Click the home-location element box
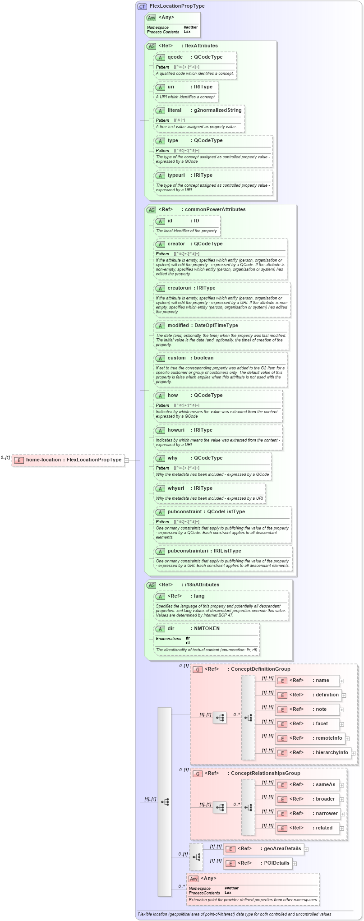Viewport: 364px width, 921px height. pos(68,460)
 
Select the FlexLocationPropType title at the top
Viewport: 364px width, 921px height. pos(177,6)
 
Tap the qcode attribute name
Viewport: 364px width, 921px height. pos(175,57)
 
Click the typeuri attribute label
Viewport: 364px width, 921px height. pos(176,175)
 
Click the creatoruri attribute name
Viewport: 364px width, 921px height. pos(180,288)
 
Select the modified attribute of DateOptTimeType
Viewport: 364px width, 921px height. pos(178,325)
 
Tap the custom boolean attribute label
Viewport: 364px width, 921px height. pos(176,358)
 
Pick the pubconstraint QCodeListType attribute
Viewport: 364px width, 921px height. pos(184,511)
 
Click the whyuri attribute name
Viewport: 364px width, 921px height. pos(176,488)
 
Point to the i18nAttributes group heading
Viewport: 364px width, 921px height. pos(202,585)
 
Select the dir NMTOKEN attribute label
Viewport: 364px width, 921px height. pos(171,628)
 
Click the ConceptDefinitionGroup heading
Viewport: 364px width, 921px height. pos(260,669)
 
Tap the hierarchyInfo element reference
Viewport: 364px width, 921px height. pos(332,752)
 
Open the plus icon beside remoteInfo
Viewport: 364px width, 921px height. pos(347,738)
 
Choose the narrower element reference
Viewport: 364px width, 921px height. pos(326,813)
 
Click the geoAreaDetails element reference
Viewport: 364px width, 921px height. pos(282,848)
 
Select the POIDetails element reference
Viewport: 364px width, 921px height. pos(276,863)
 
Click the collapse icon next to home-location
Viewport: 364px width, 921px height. pos(127,460)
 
